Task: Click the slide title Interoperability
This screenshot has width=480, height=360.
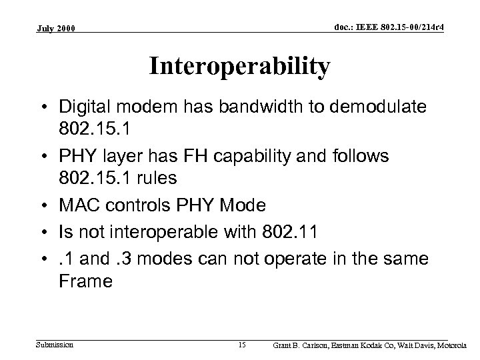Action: click(239, 67)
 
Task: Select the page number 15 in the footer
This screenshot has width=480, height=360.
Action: click(242, 345)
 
